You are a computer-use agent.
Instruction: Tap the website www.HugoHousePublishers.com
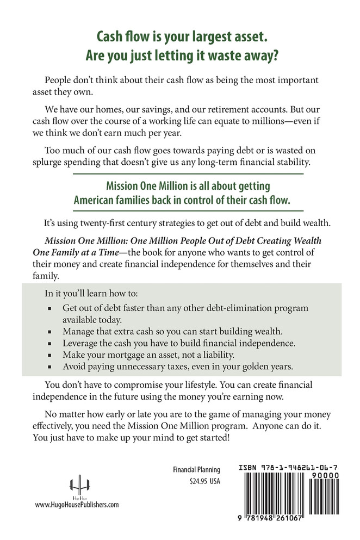(x=77, y=505)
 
